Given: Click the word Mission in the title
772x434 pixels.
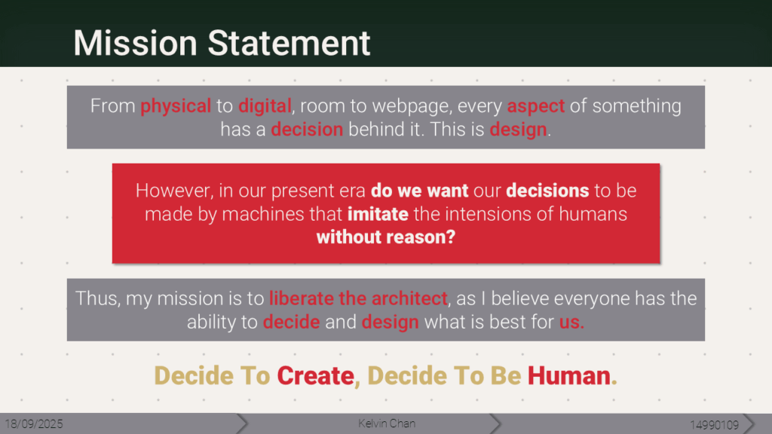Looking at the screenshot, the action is click(136, 43).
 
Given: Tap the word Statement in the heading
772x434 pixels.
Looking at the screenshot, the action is click(289, 43).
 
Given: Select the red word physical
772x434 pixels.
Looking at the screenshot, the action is click(176, 106).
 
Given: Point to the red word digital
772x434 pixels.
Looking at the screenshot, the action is click(265, 106).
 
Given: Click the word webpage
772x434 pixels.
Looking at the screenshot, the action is click(411, 106).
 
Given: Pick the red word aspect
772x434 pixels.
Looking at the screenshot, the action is click(536, 106).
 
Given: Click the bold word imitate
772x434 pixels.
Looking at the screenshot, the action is click(378, 214).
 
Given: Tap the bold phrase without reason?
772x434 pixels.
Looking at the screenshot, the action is click(386, 237).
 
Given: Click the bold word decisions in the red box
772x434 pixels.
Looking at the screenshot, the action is click(547, 191).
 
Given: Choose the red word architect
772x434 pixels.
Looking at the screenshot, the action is click(409, 298).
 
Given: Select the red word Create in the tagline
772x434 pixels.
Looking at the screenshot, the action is click(316, 376).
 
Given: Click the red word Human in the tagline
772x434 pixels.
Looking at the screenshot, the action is click(569, 376).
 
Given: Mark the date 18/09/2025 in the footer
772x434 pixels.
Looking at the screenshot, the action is click(34, 424).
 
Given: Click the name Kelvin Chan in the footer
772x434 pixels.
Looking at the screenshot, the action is click(387, 423).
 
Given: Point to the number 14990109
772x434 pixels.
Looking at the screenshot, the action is click(715, 425).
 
